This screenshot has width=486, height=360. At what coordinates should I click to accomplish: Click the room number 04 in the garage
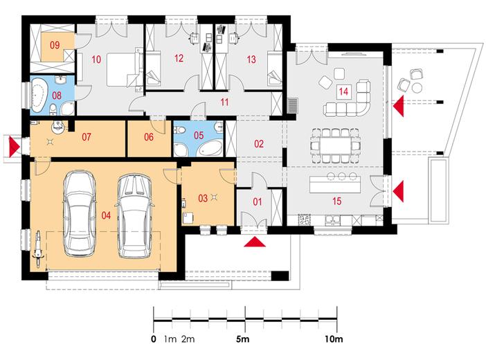coord(106,215)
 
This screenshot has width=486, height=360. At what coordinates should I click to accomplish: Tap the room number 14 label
coord(343,91)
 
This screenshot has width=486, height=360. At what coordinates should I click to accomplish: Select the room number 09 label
coord(55,45)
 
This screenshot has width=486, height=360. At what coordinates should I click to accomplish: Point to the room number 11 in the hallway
coord(224,102)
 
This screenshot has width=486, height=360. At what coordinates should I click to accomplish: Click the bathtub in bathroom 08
coord(39,96)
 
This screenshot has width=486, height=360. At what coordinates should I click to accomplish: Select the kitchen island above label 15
coord(335,184)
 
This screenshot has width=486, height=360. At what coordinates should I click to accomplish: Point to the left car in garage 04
coord(80,213)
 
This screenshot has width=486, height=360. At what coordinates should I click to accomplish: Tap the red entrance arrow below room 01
coord(255,242)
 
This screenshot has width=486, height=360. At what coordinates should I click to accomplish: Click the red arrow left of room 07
coord(14,146)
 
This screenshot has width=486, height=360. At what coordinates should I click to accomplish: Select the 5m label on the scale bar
coord(243,339)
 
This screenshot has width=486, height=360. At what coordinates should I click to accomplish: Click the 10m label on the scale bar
coord(334,339)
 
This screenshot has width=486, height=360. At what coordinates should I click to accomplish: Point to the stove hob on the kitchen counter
coord(305,220)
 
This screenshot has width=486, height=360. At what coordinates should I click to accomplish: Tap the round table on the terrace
coord(417,88)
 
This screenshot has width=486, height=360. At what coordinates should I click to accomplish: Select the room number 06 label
coord(149,137)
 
